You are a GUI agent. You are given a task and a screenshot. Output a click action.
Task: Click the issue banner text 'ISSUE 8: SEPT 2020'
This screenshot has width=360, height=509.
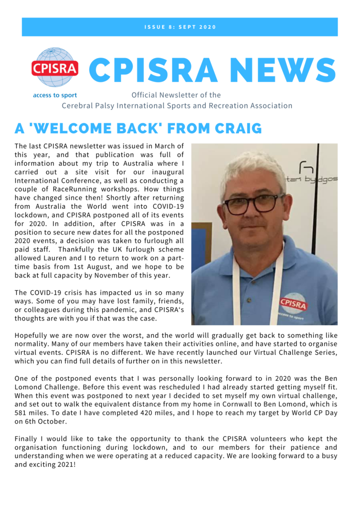(x=180, y=27)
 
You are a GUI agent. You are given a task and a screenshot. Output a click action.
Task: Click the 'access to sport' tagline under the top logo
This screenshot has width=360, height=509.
(x=55, y=95)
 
